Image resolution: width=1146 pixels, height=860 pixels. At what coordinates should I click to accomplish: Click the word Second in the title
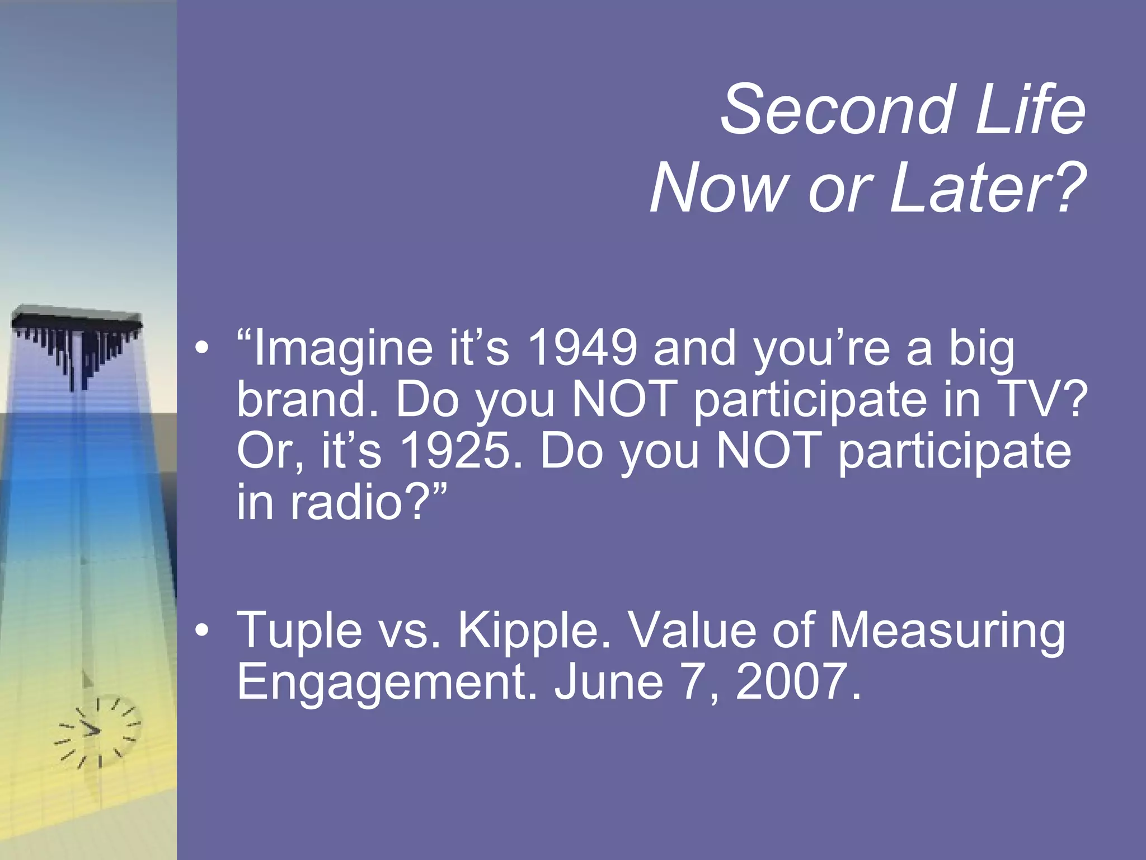pos(837,109)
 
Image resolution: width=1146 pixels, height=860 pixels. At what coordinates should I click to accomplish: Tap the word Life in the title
pos(1030,109)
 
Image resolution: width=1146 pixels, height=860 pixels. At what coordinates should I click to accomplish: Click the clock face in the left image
pos(98,731)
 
